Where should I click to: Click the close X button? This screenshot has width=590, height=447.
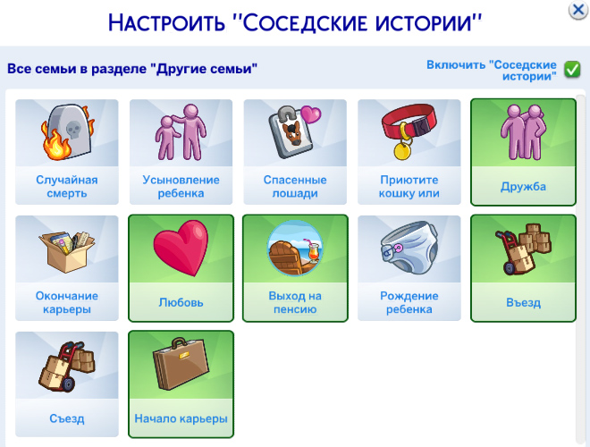tap(578, 10)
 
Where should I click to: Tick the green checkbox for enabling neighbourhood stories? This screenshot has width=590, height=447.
tap(572, 70)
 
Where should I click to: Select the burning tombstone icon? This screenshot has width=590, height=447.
tap(67, 131)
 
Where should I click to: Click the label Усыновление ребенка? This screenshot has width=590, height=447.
tap(181, 186)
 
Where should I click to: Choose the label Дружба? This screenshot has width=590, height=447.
tap(523, 187)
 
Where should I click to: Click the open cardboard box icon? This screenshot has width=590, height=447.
tap(67, 251)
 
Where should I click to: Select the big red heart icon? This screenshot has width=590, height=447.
tap(181, 249)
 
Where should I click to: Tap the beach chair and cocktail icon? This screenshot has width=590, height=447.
tap(295, 249)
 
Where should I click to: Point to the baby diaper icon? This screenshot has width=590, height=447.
tap(409, 248)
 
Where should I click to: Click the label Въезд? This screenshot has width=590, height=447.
tap(523, 302)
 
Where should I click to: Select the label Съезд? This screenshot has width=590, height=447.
tap(67, 418)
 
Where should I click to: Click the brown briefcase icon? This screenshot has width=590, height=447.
tap(181, 364)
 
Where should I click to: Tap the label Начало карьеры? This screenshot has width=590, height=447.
tap(181, 418)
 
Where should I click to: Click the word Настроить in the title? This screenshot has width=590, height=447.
tap(166, 22)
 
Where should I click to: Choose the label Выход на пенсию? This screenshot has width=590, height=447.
tap(295, 302)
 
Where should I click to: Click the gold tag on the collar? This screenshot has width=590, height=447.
tap(402, 150)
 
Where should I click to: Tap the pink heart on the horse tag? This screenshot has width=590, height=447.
tap(310, 114)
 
